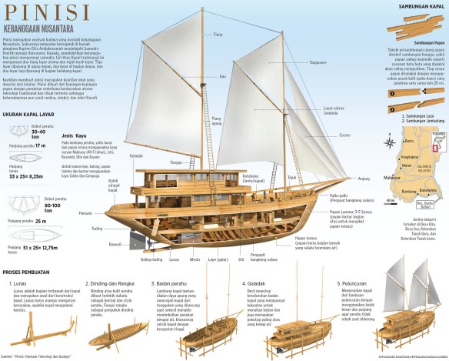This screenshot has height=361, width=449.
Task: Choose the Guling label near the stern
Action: point(98,229)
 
